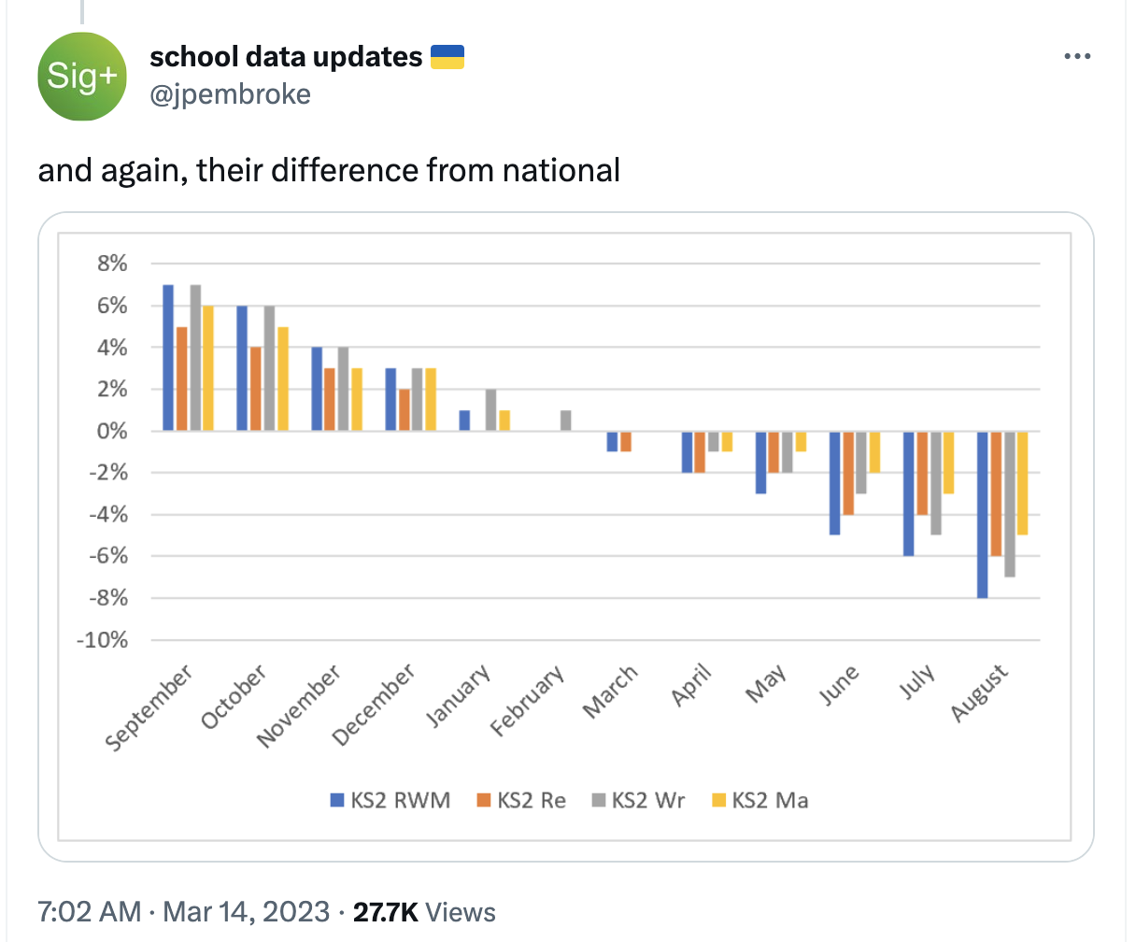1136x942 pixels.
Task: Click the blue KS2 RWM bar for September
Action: point(168,358)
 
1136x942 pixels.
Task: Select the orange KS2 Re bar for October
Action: point(255,389)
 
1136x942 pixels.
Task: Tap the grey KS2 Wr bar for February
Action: point(565,421)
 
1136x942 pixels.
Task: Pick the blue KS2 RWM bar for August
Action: point(983,514)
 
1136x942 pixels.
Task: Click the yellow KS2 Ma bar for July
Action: point(948,463)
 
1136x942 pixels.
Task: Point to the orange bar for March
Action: point(625,441)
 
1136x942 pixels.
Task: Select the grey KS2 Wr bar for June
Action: point(860,463)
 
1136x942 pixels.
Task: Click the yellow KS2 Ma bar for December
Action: point(431,399)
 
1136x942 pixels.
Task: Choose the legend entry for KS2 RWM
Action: point(390,800)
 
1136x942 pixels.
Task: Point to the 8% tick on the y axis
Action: point(111,264)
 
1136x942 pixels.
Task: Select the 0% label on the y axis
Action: point(111,431)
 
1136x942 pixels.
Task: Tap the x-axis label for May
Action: point(767,684)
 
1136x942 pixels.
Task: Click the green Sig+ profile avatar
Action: point(82,76)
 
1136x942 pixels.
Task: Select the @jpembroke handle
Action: point(230,94)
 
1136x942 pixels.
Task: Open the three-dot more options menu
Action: point(1077,57)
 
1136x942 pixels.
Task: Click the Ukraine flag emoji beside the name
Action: point(447,57)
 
